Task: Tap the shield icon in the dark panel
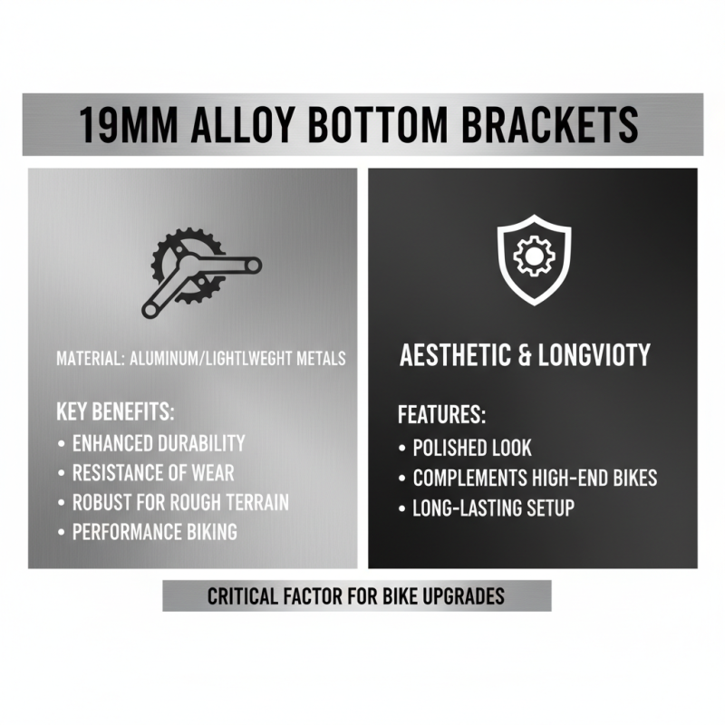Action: (533, 260)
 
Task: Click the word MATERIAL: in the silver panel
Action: (90, 358)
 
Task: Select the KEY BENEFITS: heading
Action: (115, 411)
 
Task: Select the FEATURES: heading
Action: (442, 416)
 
